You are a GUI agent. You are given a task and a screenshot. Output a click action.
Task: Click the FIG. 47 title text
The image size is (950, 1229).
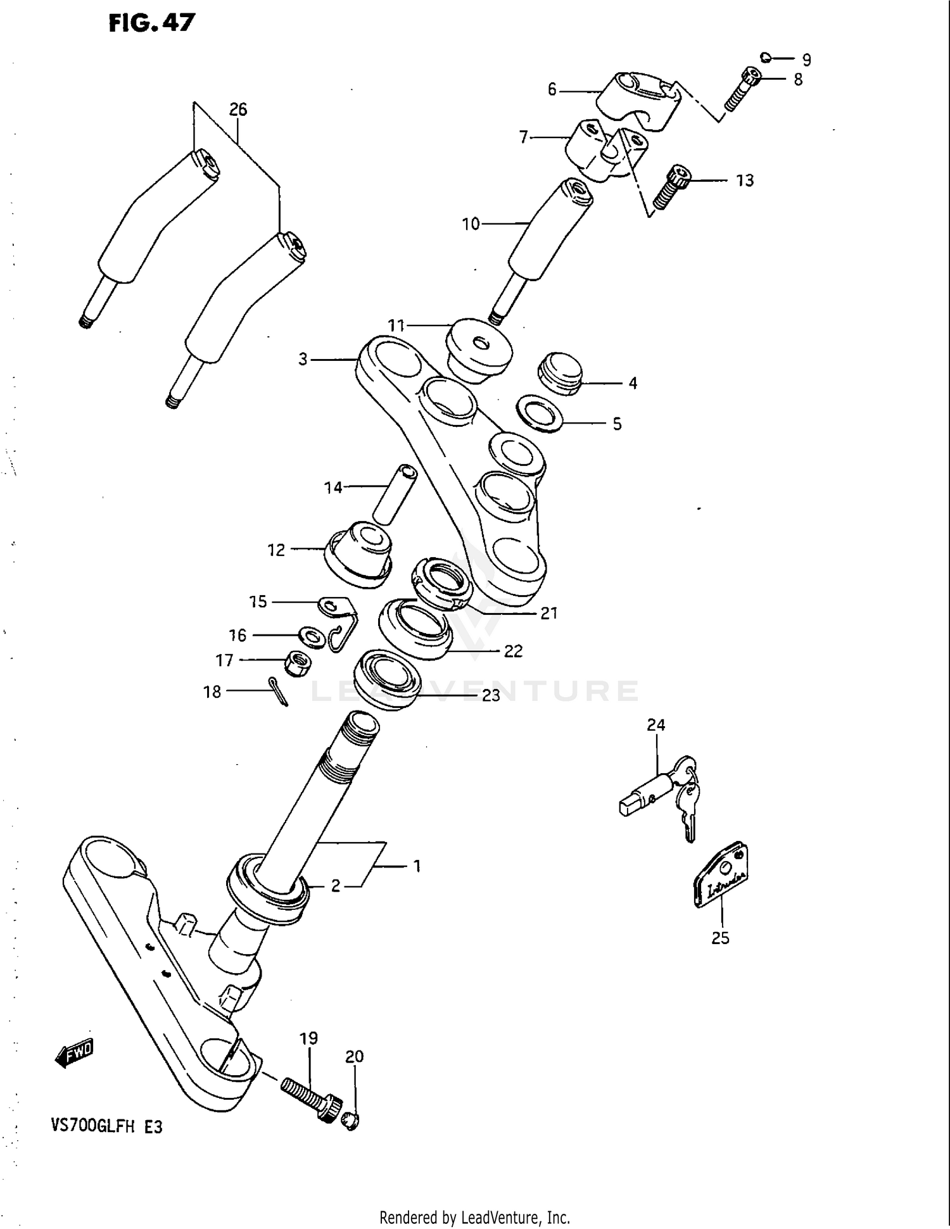point(152,23)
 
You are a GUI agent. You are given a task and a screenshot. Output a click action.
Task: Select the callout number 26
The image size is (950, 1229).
point(237,110)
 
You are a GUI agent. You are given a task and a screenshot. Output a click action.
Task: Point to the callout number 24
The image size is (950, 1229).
point(655,725)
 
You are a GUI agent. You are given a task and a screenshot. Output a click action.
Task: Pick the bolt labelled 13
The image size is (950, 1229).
point(671,187)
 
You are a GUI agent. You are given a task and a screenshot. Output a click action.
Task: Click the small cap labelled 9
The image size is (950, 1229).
point(765,58)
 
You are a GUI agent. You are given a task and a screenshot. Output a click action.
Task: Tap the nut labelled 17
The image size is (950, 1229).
point(296,662)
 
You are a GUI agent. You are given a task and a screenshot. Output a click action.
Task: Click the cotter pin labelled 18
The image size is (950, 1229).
point(279,691)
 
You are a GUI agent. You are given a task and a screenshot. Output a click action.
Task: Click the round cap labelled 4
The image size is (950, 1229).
point(559,372)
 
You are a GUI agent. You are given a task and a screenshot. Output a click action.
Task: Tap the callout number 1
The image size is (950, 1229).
point(417,866)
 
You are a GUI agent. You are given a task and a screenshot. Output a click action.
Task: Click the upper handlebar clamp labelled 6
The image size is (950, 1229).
point(640,101)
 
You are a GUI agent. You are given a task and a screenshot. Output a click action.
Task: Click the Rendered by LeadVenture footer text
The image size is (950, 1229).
point(474,1217)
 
